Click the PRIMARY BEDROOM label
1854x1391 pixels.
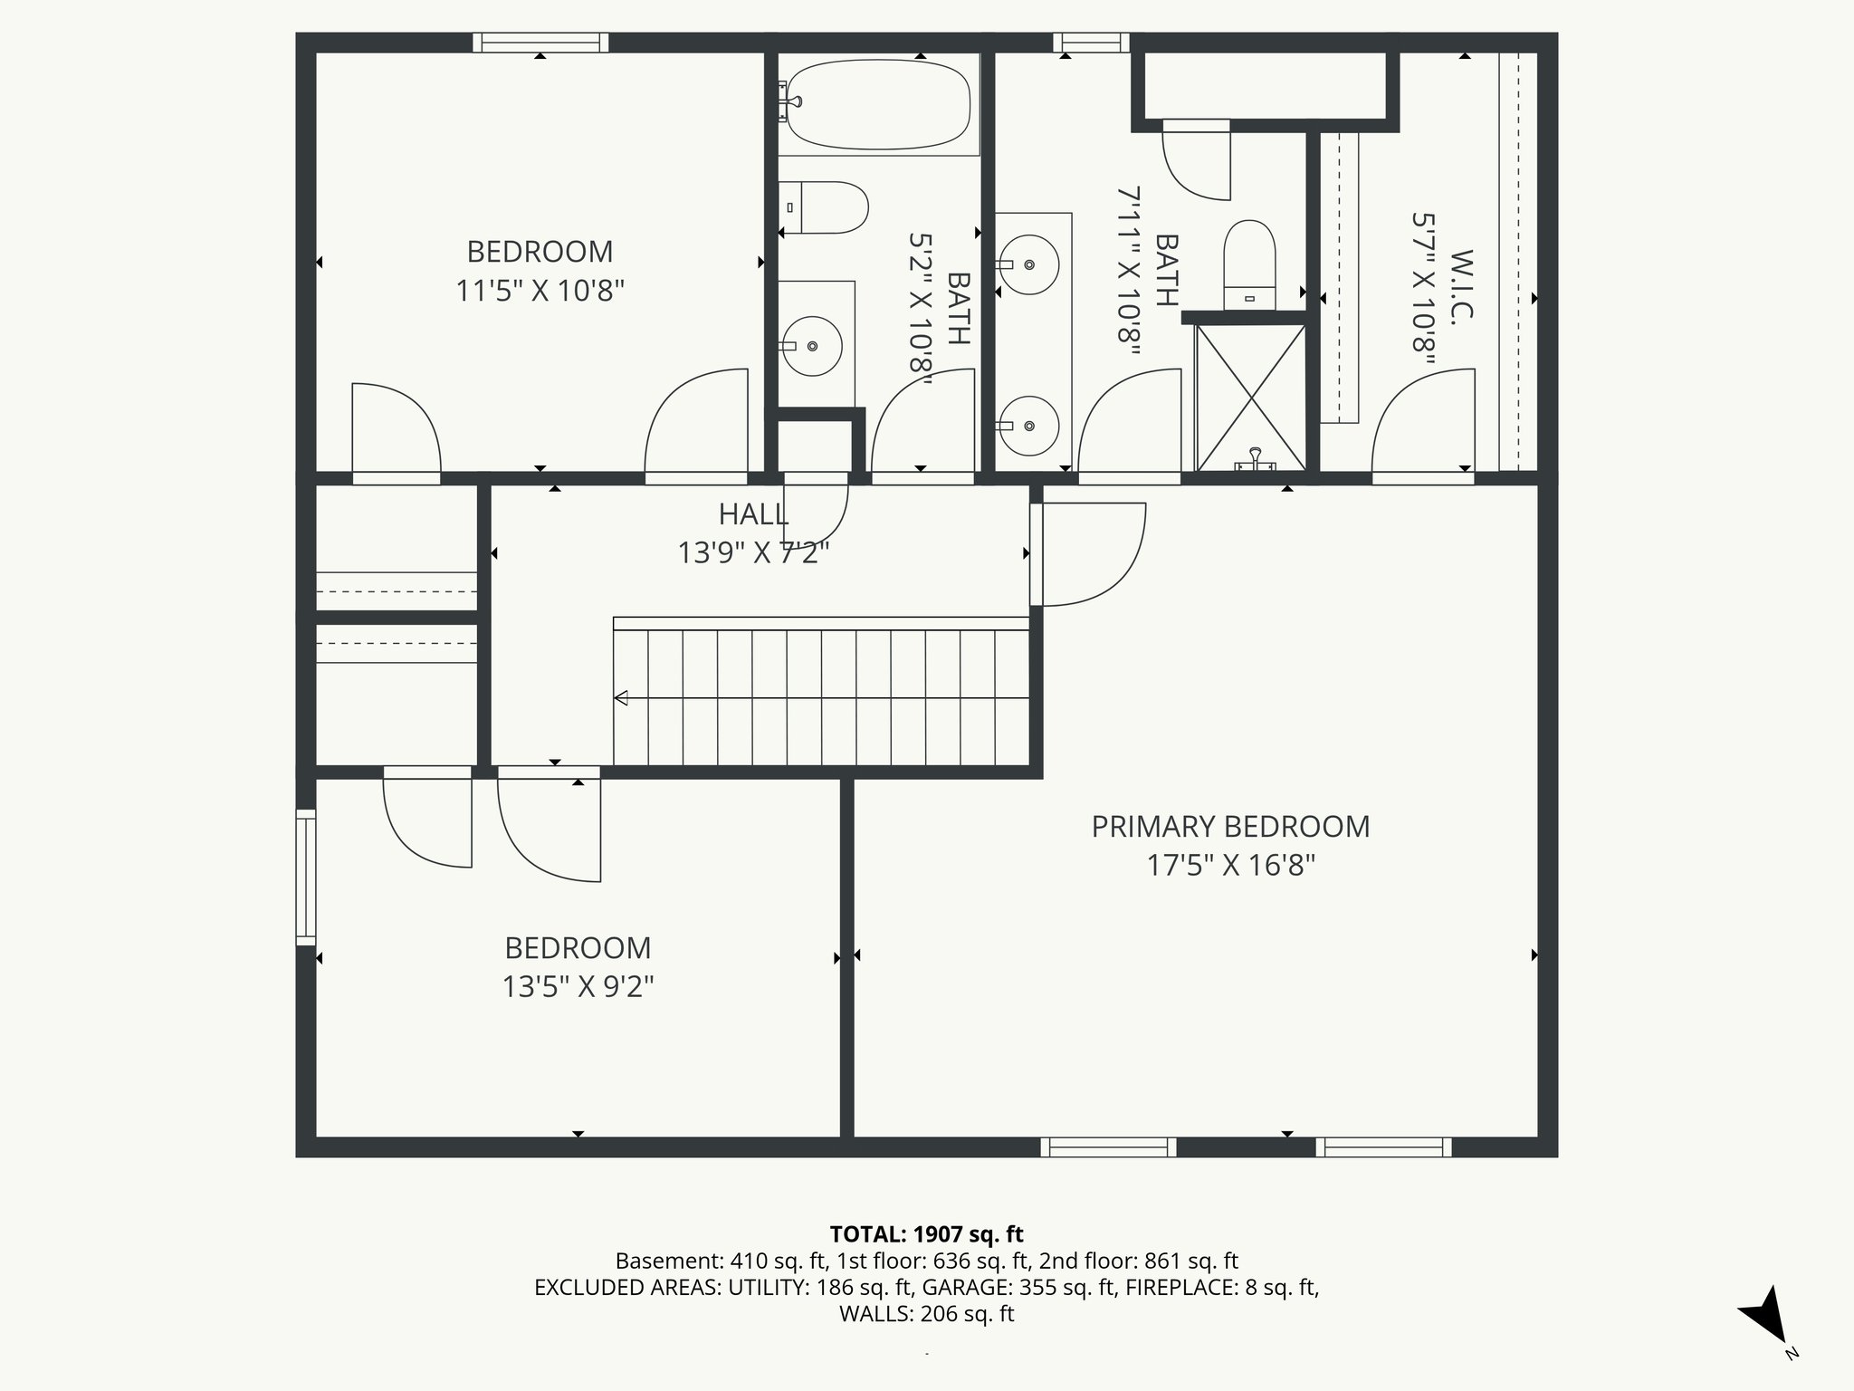1229,827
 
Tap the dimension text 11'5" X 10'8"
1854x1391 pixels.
540,291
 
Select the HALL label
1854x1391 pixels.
753,514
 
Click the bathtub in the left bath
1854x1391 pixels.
878,104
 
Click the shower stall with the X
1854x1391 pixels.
1250,398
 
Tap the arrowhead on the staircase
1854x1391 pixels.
622,697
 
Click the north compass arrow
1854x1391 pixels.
1766,1317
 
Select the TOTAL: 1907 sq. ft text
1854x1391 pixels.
926,1233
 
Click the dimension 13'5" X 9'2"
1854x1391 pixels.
578,986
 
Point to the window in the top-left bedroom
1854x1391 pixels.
540,43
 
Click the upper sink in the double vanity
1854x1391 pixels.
1029,264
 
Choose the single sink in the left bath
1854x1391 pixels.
812,346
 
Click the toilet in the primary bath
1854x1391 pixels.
1249,263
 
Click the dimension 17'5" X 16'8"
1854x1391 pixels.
1229,866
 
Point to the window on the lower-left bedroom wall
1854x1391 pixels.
306,877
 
